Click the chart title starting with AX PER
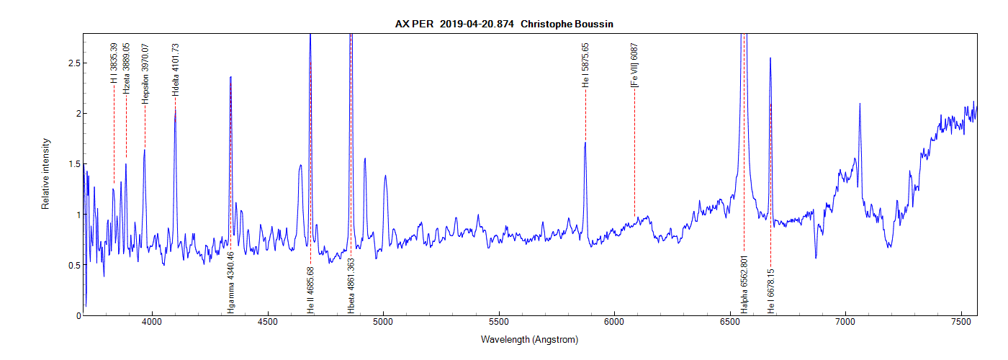(x=504, y=24)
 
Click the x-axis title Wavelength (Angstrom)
(x=531, y=339)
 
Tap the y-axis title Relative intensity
(x=45, y=174)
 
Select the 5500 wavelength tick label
(x=499, y=326)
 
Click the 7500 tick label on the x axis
(x=961, y=326)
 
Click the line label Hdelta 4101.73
(x=176, y=70)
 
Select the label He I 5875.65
(x=585, y=66)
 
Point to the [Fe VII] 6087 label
(x=634, y=66)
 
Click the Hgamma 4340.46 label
(x=230, y=284)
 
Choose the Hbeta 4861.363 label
(x=351, y=284)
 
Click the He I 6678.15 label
(x=770, y=292)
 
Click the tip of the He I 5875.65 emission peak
(x=585, y=143)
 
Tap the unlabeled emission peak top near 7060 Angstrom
(x=860, y=104)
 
